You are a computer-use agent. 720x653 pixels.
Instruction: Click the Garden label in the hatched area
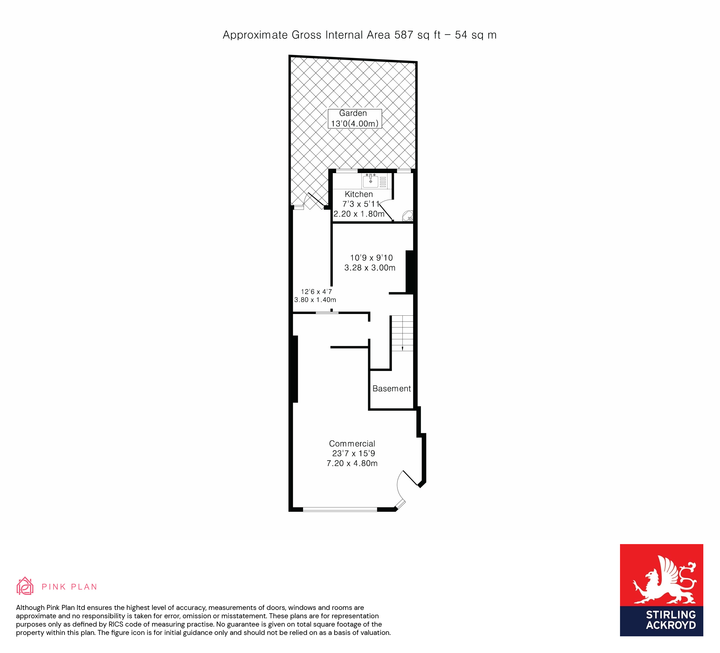[353, 113]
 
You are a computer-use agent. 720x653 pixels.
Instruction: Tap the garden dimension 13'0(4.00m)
[355, 124]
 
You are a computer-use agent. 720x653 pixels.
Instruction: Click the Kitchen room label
[359, 194]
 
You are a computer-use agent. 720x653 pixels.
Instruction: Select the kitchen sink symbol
[371, 181]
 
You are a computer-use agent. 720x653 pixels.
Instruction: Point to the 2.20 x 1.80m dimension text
[359, 214]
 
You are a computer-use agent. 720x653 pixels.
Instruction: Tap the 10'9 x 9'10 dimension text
[371, 258]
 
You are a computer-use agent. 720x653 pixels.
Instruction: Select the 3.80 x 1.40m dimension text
[315, 300]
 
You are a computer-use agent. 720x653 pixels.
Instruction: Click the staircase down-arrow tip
[402, 350]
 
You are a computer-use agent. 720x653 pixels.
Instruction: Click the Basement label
[391, 389]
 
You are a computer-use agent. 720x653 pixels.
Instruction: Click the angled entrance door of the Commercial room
[410, 479]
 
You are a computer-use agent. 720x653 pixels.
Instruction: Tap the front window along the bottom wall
[340, 509]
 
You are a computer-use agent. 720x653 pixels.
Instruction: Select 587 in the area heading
[404, 35]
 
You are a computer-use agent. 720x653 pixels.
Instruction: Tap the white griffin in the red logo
[664, 580]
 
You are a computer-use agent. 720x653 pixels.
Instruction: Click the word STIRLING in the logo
[671, 614]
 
